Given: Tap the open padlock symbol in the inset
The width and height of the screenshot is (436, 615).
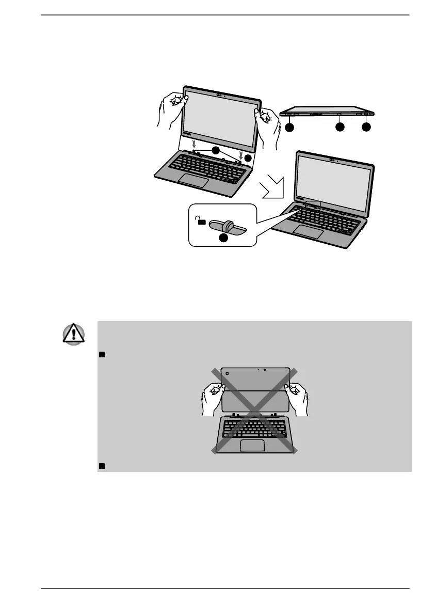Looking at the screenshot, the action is click(201, 220).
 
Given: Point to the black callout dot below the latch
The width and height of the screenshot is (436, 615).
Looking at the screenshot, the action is click(222, 238).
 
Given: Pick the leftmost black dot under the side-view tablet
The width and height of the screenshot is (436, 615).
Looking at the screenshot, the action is click(289, 127).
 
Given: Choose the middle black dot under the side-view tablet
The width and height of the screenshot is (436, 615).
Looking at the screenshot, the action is click(340, 127).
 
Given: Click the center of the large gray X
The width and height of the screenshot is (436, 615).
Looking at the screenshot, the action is click(254, 411).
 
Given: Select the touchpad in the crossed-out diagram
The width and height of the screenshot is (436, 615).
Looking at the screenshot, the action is click(252, 445).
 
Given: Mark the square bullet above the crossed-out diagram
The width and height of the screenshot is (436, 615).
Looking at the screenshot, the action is click(101, 354).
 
